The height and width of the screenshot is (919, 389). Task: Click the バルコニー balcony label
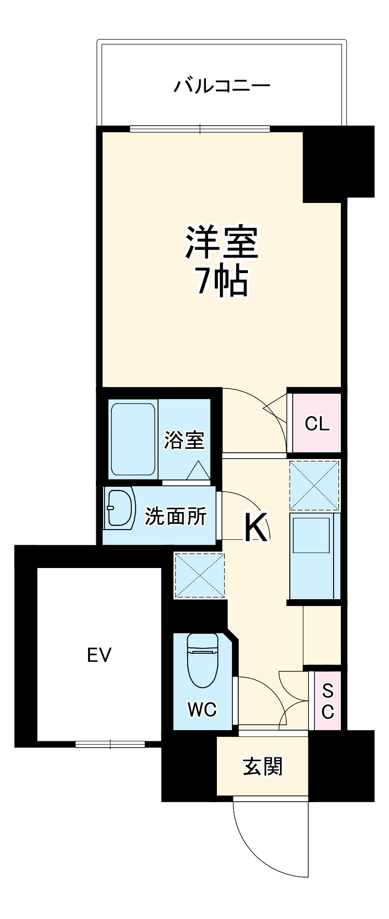tap(222, 87)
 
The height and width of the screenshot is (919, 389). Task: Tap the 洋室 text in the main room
tap(222, 242)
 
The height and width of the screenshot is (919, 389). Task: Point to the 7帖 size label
tap(222, 281)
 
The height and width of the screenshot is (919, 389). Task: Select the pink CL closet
tap(317, 423)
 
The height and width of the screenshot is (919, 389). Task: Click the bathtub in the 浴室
tap(133, 439)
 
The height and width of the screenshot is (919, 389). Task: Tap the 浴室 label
tap(184, 440)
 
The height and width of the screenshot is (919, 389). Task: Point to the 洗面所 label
tap(176, 516)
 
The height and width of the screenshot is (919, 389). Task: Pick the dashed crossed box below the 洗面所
tap(199, 576)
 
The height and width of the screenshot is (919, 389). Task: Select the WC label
tap(202, 710)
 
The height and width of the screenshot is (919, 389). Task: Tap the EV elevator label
tap(99, 655)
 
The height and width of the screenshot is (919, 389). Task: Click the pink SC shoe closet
tap(328, 701)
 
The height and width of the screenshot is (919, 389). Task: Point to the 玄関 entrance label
tap(263, 767)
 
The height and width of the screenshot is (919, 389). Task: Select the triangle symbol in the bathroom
tap(198, 470)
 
